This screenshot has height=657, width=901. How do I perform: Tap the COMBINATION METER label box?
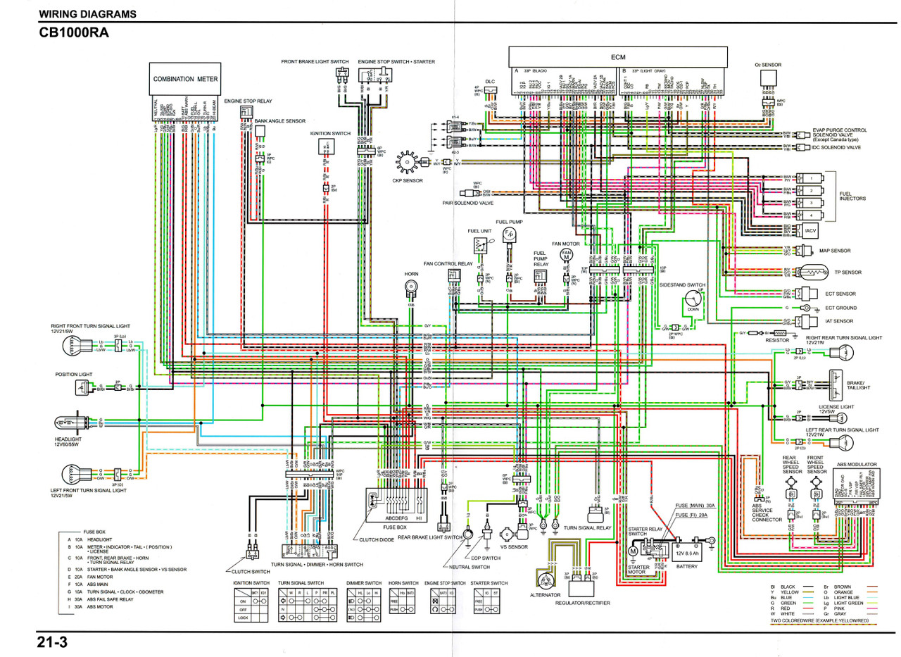186,80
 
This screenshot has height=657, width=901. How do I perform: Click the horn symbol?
410,287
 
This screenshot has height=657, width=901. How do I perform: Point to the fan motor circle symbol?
566,256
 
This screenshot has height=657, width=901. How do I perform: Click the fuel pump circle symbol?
510,233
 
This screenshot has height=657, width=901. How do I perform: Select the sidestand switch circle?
693,302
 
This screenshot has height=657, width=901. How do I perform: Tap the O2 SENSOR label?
767,65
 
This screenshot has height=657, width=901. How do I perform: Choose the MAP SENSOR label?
835,251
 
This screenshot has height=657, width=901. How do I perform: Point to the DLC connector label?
490,82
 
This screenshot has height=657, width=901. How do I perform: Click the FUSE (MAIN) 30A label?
695,506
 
